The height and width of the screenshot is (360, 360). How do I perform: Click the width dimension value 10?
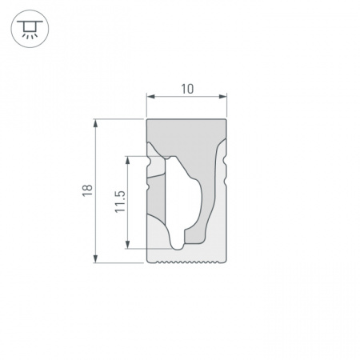pyautogui.click(x=187, y=89)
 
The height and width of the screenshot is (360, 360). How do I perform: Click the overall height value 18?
pyautogui.click(x=87, y=190)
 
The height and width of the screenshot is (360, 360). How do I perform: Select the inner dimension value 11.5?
pyautogui.click(x=120, y=202)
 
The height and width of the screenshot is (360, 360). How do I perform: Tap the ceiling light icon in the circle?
pyautogui.click(x=30, y=29)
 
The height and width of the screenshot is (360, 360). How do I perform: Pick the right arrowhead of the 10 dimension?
pyautogui.click(x=222, y=96)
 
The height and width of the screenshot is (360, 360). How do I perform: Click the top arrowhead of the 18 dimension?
pyautogui.click(x=95, y=123)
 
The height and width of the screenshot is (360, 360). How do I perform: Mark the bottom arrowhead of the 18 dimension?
pyautogui.click(x=95, y=258)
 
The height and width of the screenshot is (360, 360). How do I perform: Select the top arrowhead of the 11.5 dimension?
pyautogui.click(x=128, y=160)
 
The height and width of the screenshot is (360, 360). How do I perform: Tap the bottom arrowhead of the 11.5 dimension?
pyautogui.click(x=128, y=245)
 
